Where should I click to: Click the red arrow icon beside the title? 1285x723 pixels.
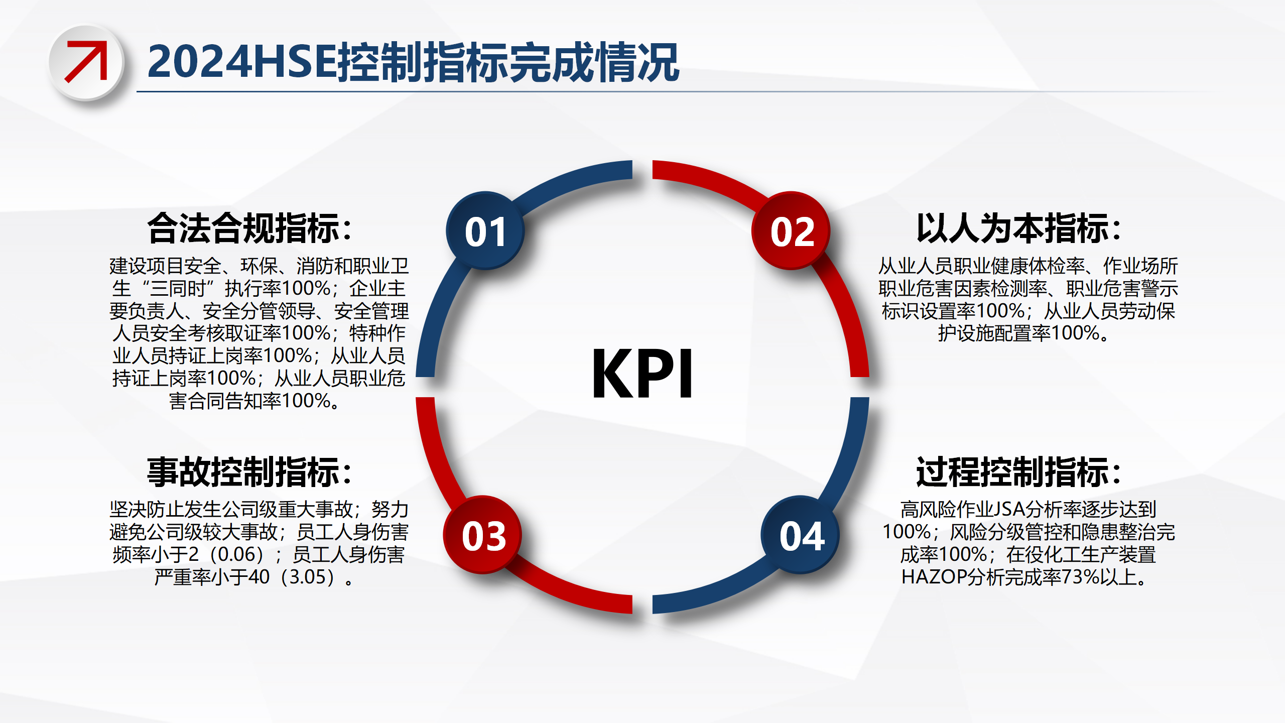click(x=86, y=61)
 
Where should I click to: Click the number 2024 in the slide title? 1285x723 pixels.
click(x=200, y=62)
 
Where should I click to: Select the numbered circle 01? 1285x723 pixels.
click(x=485, y=230)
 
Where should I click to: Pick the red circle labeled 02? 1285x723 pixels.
click(x=791, y=230)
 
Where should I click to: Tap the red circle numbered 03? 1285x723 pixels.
click(x=482, y=535)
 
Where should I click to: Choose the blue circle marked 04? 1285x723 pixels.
click(x=800, y=535)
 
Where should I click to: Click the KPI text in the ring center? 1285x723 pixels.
click(x=642, y=374)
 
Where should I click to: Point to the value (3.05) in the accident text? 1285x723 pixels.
click(x=308, y=577)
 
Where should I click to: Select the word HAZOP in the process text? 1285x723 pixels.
click(x=934, y=577)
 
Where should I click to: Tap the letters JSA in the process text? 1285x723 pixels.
click(x=1010, y=510)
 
